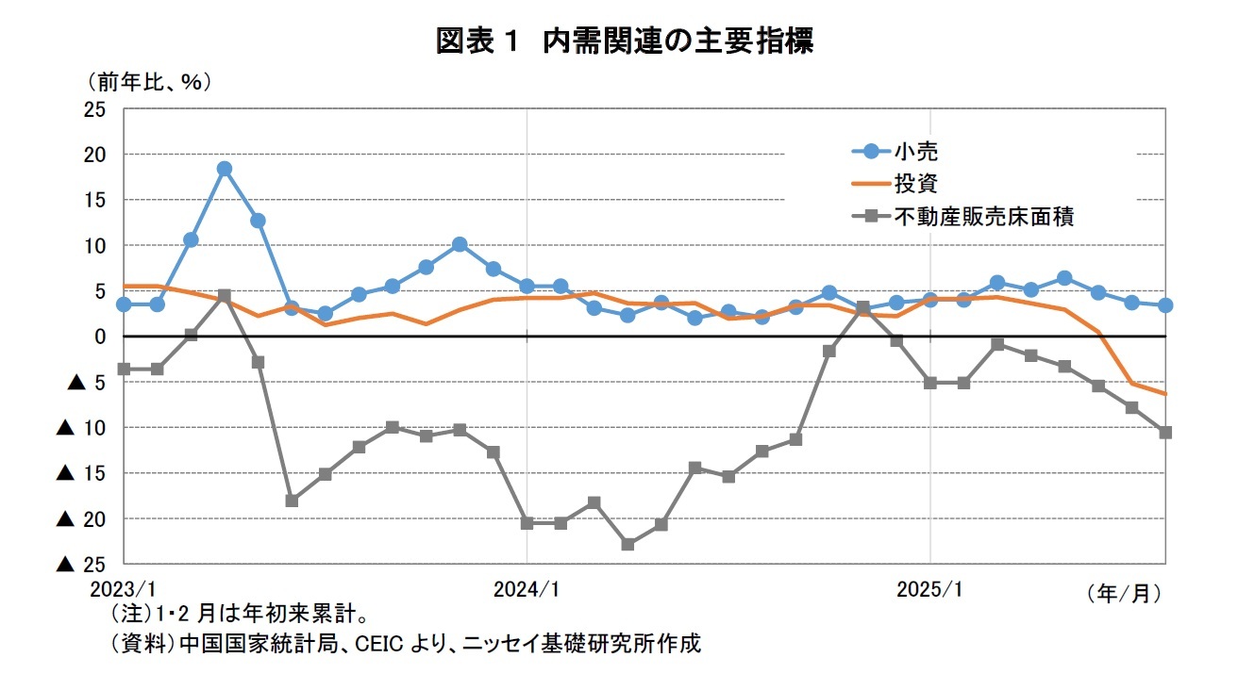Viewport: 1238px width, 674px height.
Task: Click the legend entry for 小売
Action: [x=913, y=151]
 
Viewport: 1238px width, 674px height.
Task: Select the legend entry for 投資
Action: [x=913, y=183]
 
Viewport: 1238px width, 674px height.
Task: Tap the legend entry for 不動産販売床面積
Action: [x=981, y=216]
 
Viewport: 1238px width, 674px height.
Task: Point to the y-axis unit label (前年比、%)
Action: [x=149, y=82]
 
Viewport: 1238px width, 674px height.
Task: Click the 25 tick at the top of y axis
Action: [x=94, y=109]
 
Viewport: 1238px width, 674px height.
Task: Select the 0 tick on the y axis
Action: [x=100, y=337]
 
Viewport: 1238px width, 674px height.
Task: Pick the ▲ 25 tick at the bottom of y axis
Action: [x=81, y=565]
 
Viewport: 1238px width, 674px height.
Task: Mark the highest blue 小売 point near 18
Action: [x=225, y=169]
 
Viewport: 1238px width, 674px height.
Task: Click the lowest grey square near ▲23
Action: [x=627, y=544]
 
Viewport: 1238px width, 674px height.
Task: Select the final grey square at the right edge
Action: [x=1165, y=432]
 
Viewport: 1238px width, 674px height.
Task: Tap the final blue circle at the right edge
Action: [x=1165, y=305]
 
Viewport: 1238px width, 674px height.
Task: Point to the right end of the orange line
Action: [x=1165, y=394]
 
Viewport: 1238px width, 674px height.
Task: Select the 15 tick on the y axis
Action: [x=94, y=200]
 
